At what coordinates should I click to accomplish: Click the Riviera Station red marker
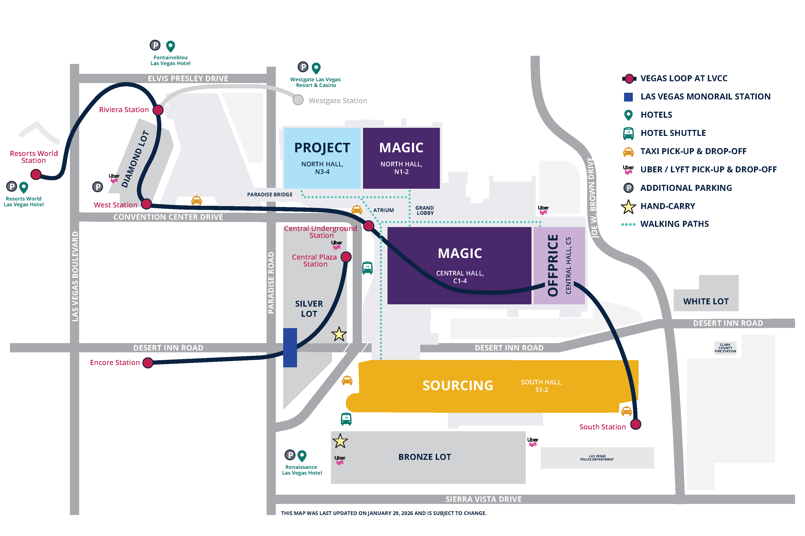click(158, 110)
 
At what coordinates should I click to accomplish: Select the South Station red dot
click(635, 424)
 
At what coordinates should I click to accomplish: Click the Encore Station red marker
click(148, 363)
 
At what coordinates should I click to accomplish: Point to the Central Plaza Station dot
click(346, 257)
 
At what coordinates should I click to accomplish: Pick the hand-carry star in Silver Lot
click(339, 334)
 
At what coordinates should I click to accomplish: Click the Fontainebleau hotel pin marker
click(170, 46)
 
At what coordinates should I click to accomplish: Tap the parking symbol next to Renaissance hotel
click(290, 455)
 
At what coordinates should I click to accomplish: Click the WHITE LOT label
click(706, 302)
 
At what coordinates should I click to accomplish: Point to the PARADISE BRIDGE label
click(270, 195)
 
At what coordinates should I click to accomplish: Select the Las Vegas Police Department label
click(597, 458)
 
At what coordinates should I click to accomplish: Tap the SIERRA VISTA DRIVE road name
click(483, 499)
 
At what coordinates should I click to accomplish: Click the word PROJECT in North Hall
click(322, 148)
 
